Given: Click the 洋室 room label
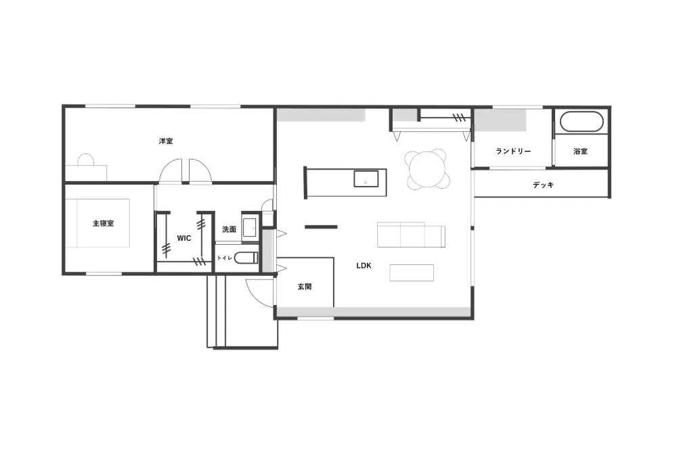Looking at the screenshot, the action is click(x=166, y=141).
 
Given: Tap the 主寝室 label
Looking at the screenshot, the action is click(x=104, y=223).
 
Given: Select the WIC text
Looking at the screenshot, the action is click(x=184, y=238).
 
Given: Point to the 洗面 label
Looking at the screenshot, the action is click(x=230, y=229).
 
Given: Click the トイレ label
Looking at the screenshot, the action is click(x=225, y=258).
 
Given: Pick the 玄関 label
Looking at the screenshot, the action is click(x=305, y=286).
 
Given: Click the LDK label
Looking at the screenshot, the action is click(x=364, y=266).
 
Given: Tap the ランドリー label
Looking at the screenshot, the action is click(x=513, y=151).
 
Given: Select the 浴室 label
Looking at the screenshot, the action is click(x=580, y=151).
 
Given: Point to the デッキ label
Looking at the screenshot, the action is click(x=543, y=185).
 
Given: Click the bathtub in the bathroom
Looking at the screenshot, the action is click(x=581, y=122).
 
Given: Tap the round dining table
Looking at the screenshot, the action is click(x=427, y=170).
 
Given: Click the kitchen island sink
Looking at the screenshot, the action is click(x=366, y=179).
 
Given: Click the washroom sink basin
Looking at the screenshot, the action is click(x=250, y=228).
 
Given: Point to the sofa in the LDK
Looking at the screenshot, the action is click(x=411, y=235).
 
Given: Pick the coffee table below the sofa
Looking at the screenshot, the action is click(x=412, y=272).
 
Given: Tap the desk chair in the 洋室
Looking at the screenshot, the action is click(x=85, y=160).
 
